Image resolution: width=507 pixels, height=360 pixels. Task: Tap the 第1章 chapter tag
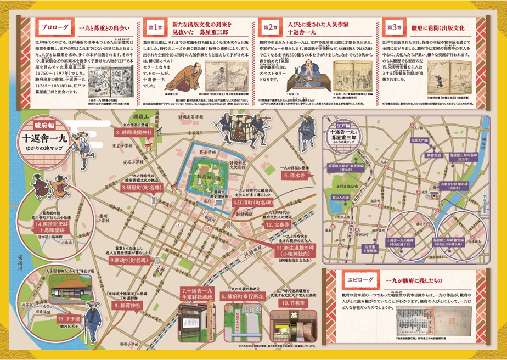tap(155, 26)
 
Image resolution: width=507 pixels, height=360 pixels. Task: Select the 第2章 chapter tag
tap(270, 26)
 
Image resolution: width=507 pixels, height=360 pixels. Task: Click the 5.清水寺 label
tap(297, 176)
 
